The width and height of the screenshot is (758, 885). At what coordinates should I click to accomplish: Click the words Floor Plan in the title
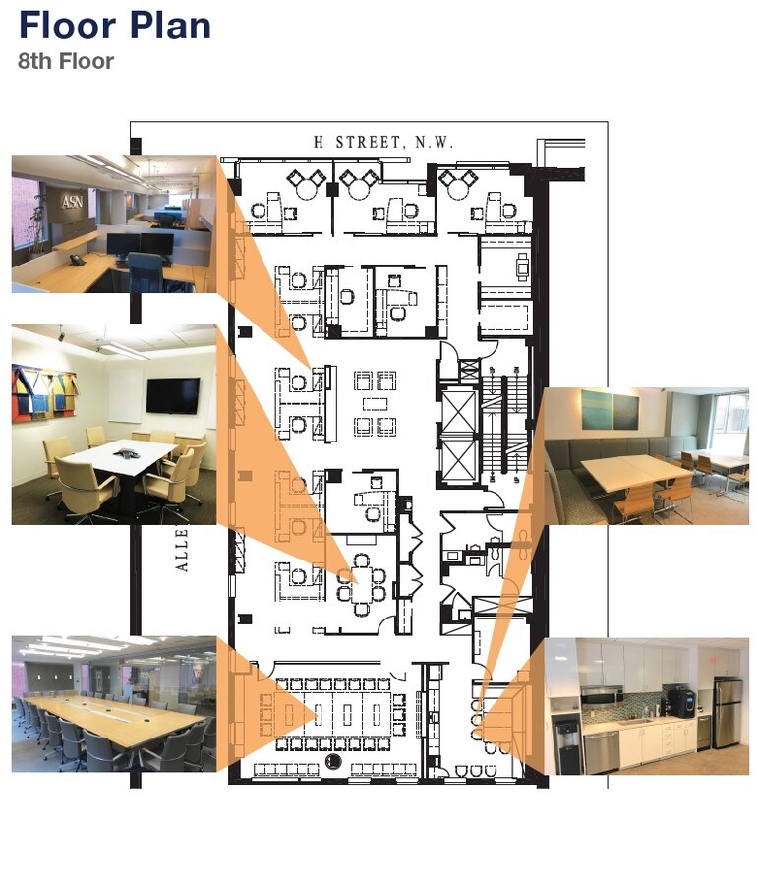tap(115, 25)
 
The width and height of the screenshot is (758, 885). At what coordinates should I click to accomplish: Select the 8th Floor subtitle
tap(66, 61)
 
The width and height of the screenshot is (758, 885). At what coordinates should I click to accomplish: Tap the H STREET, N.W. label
tap(383, 143)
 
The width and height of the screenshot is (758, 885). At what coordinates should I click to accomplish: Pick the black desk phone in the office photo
tap(78, 261)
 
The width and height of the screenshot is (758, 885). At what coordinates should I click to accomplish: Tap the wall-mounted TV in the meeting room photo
tap(173, 395)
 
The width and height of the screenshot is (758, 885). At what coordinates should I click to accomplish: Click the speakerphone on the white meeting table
tap(126, 454)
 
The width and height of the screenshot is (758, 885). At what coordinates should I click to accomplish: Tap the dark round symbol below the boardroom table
tap(333, 762)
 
